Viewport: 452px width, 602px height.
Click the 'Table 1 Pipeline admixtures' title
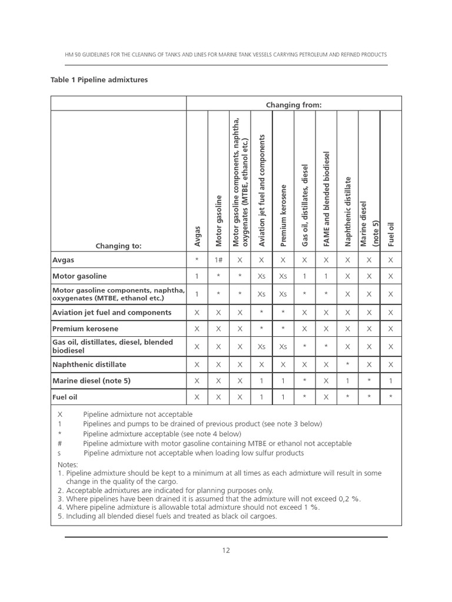[99, 79]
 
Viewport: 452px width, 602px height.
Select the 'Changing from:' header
[294, 105]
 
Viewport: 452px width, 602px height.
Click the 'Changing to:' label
[119, 246]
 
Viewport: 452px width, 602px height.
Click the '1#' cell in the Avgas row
[218, 259]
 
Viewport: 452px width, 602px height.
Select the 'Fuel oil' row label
[65, 397]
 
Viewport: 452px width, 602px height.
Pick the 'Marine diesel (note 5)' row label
[91, 380]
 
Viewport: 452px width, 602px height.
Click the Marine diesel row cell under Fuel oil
[391, 381]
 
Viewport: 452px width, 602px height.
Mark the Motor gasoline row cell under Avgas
[197, 276]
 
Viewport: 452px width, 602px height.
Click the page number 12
[226, 550]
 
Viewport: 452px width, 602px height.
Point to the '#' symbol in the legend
[59, 443]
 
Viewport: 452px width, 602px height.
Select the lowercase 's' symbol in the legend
[59, 453]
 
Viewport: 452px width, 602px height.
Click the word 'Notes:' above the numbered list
[68, 464]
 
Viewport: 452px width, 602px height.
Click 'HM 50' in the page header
[72, 55]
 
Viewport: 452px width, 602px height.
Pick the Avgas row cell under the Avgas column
[197, 259]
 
